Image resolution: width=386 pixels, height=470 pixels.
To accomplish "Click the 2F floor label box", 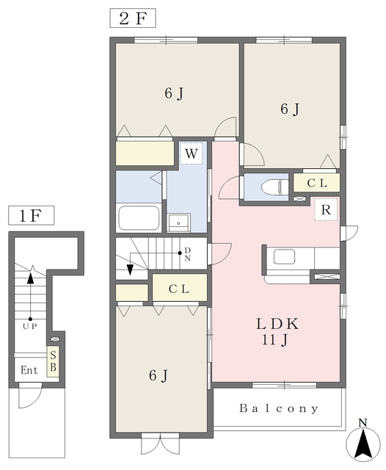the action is [x=133, y=18].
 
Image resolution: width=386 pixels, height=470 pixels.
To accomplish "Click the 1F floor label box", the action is [x=31, y=215].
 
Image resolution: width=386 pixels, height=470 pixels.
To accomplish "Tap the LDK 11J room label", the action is [x=277, y=332].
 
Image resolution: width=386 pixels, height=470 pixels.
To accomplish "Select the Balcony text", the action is [x=279, y=408].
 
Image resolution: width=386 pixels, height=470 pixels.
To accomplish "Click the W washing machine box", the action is [x=191, y=153].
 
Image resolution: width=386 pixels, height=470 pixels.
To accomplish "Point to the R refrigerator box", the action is [x=326, y=210].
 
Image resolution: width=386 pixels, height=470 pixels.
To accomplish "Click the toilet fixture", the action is [x=274, y=188].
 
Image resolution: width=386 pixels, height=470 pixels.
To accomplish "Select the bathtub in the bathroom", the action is [x=139, y=217].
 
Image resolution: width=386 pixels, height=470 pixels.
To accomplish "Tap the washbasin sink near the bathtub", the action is [x=178, y=223].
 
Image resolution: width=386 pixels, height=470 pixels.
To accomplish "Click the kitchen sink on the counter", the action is [x=284, y=257].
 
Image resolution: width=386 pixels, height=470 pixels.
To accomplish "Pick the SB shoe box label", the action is [x=53, y=361].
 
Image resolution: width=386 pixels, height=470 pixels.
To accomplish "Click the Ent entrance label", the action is [x=29, y=370].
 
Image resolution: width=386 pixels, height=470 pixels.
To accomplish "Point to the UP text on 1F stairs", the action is [x=30, y=326].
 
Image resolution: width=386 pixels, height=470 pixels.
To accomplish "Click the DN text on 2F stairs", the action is [x=187, y=254].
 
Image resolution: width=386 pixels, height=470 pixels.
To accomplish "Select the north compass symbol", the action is [x=363, y=442].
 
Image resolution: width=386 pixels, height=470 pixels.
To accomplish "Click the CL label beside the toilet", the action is [x=317, y=183].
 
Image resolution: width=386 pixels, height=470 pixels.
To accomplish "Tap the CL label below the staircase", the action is [x=179, y=289].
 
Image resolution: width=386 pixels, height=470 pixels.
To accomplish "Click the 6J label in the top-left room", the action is [x=174, y=93].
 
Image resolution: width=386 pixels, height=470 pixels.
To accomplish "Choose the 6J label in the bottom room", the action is [x=159, y=375].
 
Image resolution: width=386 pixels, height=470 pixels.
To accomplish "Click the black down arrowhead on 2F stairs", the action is [x=130, y=270].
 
